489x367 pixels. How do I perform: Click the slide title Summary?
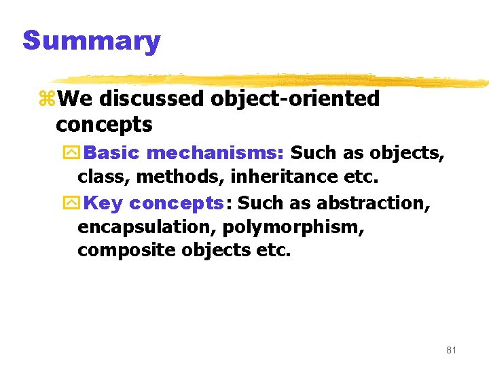click(x=91, y=41)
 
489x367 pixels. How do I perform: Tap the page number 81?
click(x=451, y=350)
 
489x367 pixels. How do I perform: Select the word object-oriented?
click(x=295, y=99)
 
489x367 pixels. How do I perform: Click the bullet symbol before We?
click(x=47, y=100)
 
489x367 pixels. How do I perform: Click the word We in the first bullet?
click(x=75, y=99)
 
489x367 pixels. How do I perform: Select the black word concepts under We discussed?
click(x=104, y=125)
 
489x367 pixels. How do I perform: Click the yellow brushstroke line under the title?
click(x=272, y=80)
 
